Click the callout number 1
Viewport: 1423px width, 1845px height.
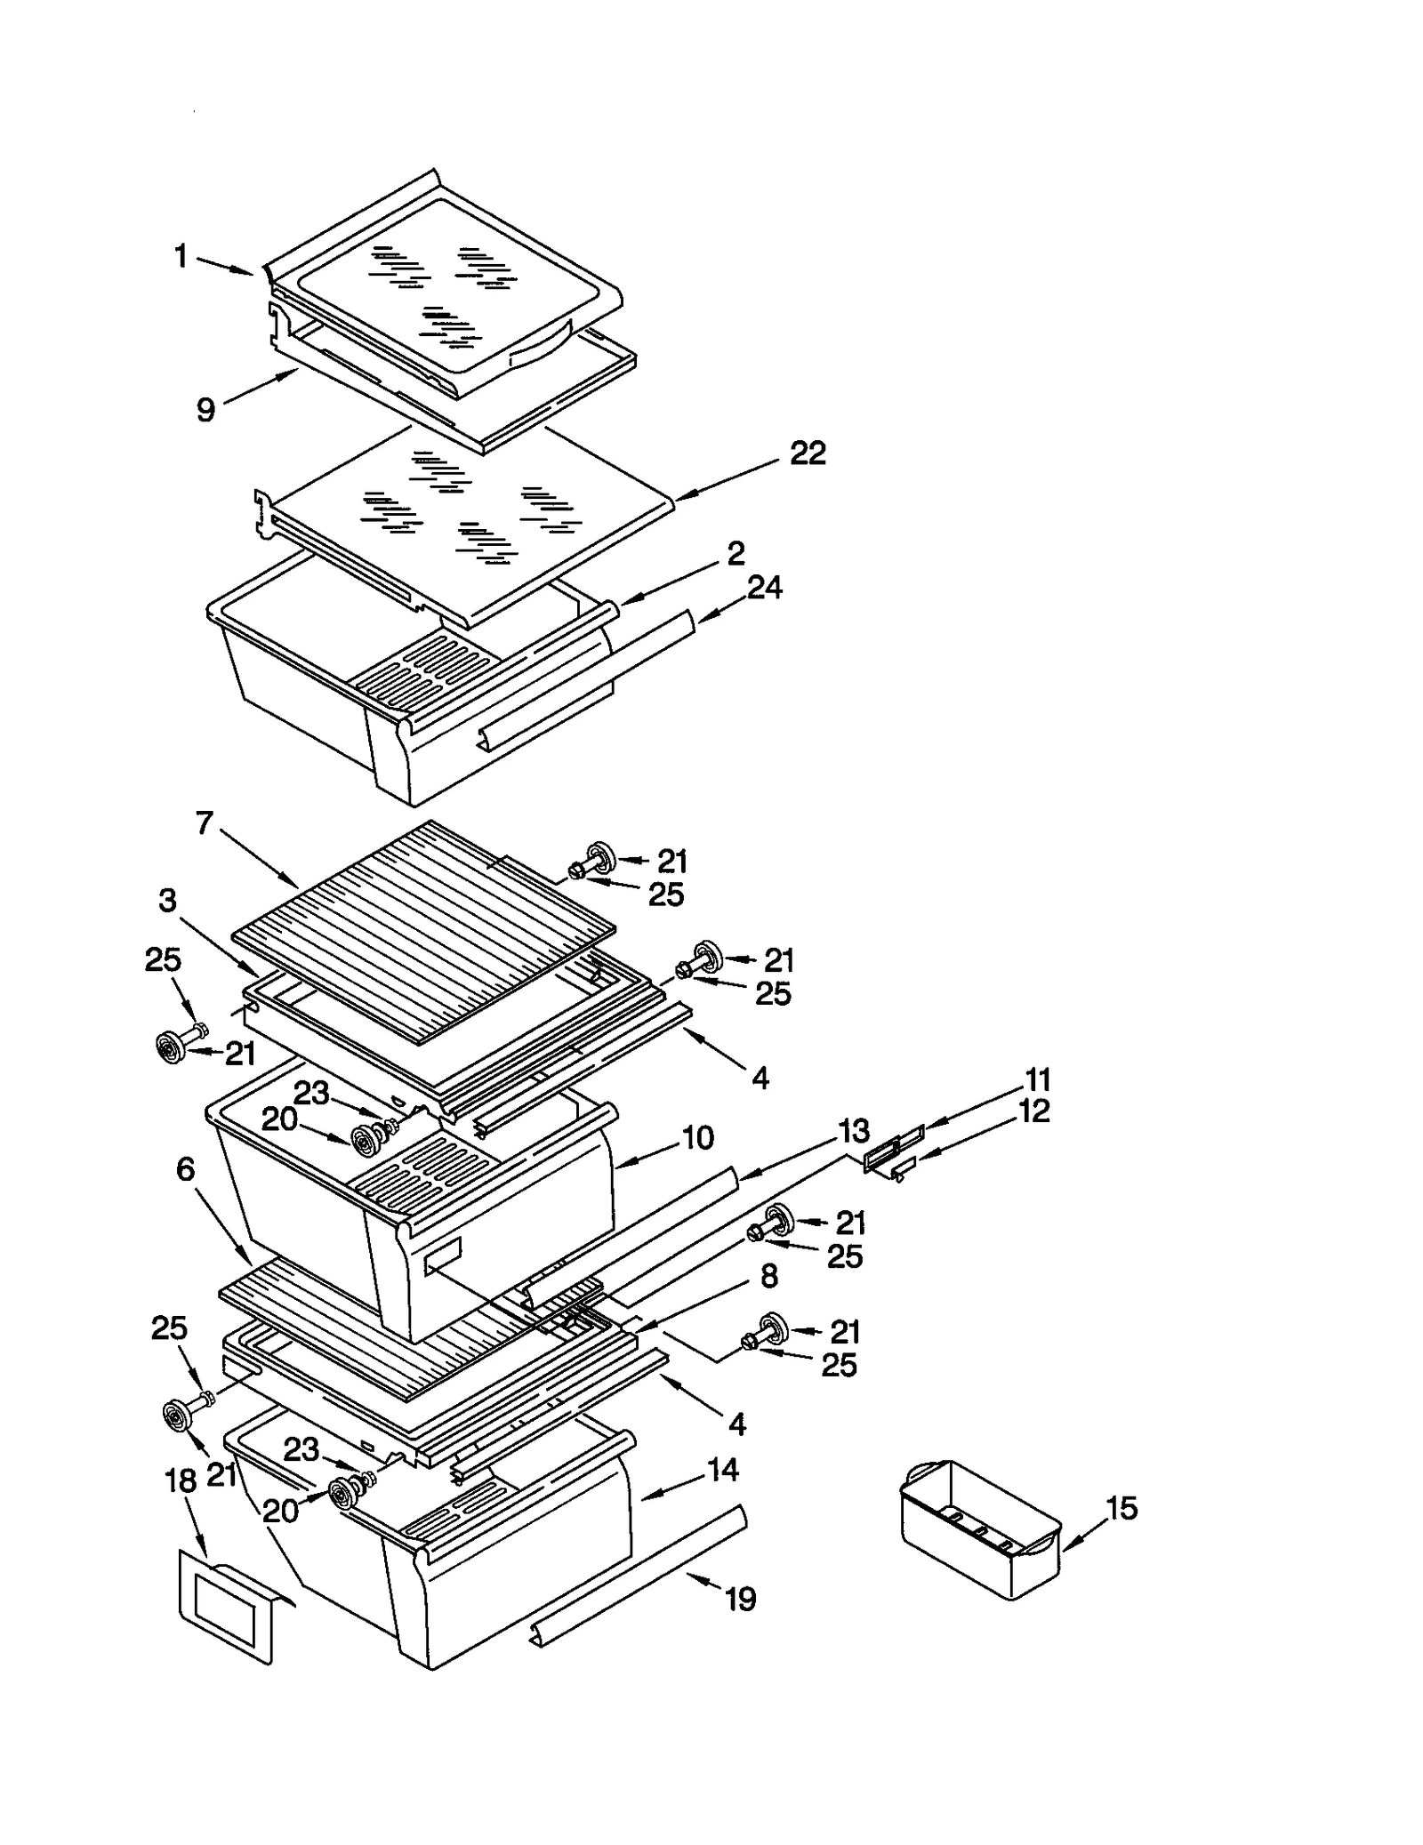click(x=181, y=257)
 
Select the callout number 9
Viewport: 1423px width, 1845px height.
click(x=206, y=410)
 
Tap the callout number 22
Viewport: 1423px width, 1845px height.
click(x=808, y=453)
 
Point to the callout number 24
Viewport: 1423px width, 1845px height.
click(x=764, y=588)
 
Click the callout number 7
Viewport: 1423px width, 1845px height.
click(x=205, y=824)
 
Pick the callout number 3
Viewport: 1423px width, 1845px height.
click(x=168, y=901)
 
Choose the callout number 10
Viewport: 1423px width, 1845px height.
click(x=698, y=1137)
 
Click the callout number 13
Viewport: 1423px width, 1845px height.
click(x=854, y=1132)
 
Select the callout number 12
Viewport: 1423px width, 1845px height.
click(x=1033, y=1111)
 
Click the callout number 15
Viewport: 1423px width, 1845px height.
click(x=1122, y=1508)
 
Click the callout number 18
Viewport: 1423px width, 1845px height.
click(x=181, y=1481)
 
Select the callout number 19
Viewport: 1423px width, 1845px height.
click(x=740, y=1600)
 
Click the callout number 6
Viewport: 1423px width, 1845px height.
click(x=185, y=1169)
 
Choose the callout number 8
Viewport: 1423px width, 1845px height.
click(x=769, y=1276)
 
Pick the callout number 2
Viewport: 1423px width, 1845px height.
click(x=736, y=553)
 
